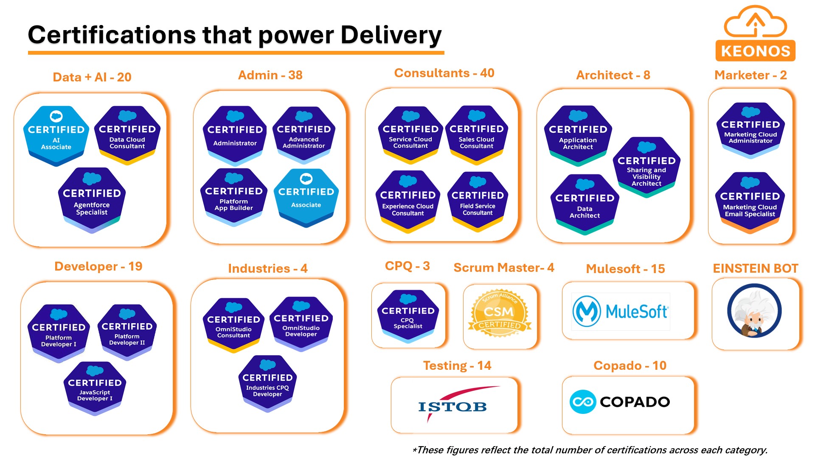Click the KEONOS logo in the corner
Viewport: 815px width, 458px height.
click(x=755, y=34)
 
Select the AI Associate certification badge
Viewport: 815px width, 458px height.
click(x=56, y=135)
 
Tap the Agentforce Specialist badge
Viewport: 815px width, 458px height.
click(x=92, y=200)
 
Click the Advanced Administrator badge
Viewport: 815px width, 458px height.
click(x=304, y=134)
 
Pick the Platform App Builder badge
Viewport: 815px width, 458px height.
click(x=234, y=197)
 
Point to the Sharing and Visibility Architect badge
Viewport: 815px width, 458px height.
click(x=646, y=167)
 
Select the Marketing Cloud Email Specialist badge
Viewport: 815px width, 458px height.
click(x=750, y=202)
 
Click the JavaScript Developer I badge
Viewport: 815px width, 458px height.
click(x=95, y=388)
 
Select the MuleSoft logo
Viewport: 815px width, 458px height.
click(x=621, y=312)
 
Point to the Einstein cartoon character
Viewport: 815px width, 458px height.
click(x=754, y=311)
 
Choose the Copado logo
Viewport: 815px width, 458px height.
click(x=620, y=402)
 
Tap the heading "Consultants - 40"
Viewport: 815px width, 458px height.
click(x=444, y=73)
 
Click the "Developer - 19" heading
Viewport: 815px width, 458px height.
click(x=98, y=266)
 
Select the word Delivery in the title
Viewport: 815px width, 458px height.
click(x=391, y=35)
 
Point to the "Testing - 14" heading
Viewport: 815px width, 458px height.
click(x=457, y=365)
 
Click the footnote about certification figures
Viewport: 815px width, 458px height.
click(x=590, y=450)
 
